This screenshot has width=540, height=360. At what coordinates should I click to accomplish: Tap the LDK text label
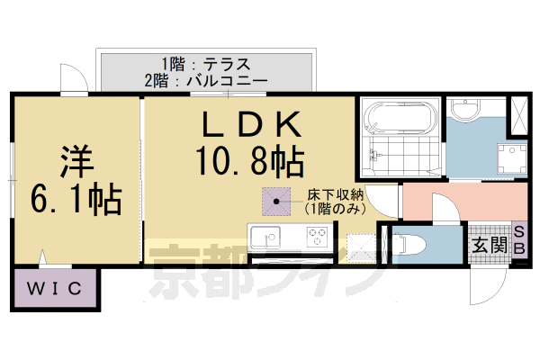pos(247,125)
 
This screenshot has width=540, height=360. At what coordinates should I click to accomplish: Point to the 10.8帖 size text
pos(247,162)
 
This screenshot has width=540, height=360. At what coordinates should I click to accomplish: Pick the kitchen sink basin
pos(265,238)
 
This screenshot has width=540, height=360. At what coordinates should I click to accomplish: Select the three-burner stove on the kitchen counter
pos(317,238)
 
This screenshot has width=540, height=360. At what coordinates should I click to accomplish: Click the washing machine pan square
pos(510,158)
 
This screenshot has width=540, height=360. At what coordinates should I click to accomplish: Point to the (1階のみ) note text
pos(333,208)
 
